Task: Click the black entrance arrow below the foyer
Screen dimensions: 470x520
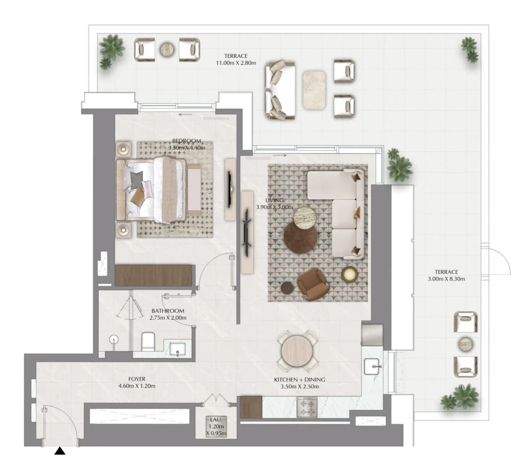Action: click(60, 451)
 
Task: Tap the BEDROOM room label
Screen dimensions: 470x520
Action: click(186, 141)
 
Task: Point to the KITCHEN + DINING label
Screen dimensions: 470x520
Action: click(299, 380)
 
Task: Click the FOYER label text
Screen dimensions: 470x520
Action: click(137, 379)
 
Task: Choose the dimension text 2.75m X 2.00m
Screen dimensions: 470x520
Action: click(168, 318)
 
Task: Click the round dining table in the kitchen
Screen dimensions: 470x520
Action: click(296, 350)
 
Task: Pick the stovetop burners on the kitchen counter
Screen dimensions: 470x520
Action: click(307, 408)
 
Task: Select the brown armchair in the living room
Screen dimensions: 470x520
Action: click(311, 284)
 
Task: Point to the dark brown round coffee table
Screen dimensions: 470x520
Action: click(300, 238)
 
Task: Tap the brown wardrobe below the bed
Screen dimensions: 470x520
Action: click(153, 275)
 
